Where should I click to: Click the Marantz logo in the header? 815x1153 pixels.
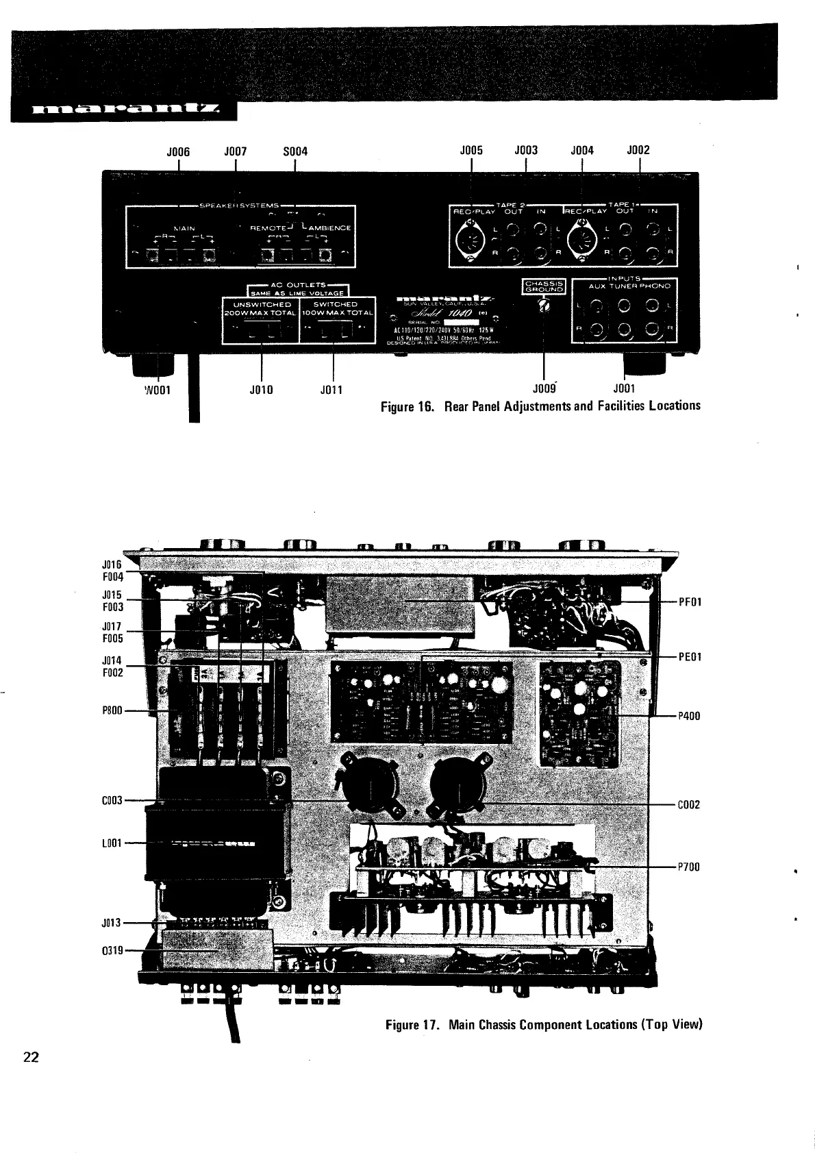click(x=123, y=110)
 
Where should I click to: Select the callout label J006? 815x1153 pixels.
click(x=178, y=151)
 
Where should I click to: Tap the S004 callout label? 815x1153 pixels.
click(x=294, y=151)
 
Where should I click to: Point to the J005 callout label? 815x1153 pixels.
click(x=471, y=151)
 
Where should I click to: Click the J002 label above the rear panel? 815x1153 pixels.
click(x=638, y=151)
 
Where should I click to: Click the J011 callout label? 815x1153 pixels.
click(x=331, y=390)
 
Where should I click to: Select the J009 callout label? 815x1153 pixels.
click(x=543, y=389)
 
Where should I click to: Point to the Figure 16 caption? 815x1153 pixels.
click(x=540, y=406)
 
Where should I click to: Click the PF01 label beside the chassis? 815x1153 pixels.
click(x=689, y=602)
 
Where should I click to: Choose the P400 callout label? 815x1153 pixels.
click(x=689, y=717)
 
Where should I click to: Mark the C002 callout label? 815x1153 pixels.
click(x=689, y=805)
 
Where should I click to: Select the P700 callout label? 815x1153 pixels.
click(x=689, y=867)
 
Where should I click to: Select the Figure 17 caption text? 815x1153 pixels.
click(x=544, y=1025)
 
